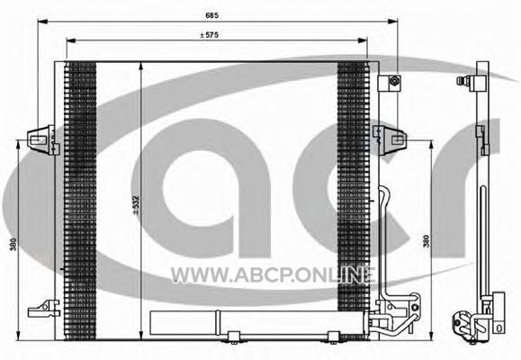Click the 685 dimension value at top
(212, 15)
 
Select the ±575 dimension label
(210, 35)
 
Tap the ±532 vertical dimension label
(136, 205)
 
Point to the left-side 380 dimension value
(13, 244)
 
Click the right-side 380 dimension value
(426, 241)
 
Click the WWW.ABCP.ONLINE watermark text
(274, 275)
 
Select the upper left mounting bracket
(43, 139)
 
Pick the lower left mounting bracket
(44, 309)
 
